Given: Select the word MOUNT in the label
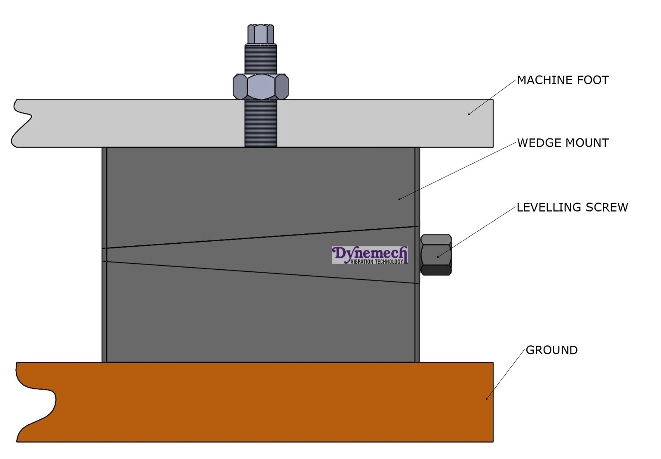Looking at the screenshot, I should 587,143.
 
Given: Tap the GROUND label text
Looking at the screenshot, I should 552,350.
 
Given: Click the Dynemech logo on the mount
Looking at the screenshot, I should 370,255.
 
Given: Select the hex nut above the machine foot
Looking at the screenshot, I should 261,87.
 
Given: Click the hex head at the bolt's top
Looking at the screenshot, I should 261,34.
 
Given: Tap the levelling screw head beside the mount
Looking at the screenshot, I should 436,254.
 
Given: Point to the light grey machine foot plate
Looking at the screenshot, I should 145,123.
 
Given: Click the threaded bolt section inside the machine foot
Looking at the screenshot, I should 261,123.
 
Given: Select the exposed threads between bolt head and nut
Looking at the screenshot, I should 261,59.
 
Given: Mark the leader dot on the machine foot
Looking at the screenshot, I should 468,114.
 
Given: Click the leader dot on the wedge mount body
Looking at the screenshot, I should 399,199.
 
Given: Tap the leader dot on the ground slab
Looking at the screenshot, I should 486,399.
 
